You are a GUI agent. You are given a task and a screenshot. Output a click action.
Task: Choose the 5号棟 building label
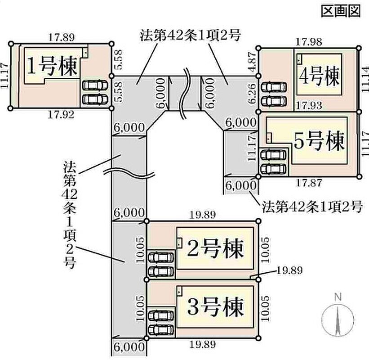point(320,141)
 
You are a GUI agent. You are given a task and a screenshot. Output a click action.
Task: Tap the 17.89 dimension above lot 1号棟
point(62,37)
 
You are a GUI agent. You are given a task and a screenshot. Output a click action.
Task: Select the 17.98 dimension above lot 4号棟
point(308,42)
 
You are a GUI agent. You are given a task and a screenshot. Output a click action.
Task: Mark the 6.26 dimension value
point(252,93)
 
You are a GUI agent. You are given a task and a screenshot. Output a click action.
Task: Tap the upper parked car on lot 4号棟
point(272,87)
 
